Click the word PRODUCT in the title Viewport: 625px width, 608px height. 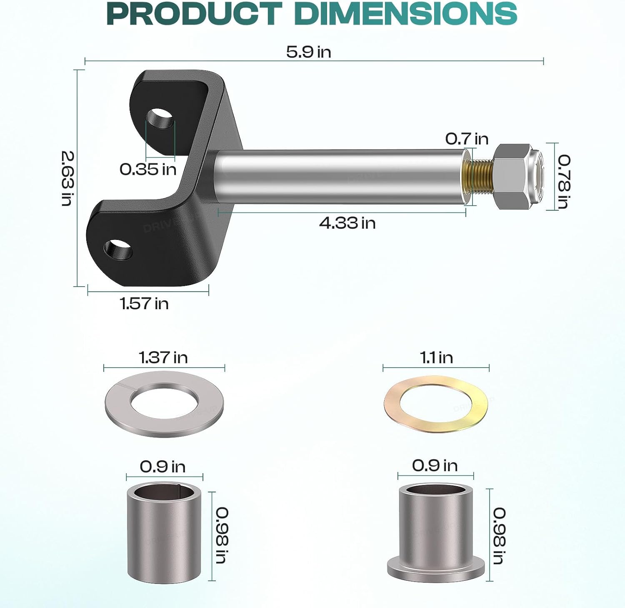pos(194,13)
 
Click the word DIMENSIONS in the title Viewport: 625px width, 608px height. pos(405,13)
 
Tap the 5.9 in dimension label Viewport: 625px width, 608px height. pos(308,52)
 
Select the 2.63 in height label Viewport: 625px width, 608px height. pos(67,178)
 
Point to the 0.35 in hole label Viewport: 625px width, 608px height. pos(148,169)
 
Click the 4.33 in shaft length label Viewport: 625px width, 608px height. pos(347,223)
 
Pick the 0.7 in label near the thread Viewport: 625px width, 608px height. pos(467,139)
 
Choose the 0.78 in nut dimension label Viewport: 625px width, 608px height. pos(564,181)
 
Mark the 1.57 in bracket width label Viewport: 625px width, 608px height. pos(144,303)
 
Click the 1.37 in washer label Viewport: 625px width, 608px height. pos(163,358)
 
